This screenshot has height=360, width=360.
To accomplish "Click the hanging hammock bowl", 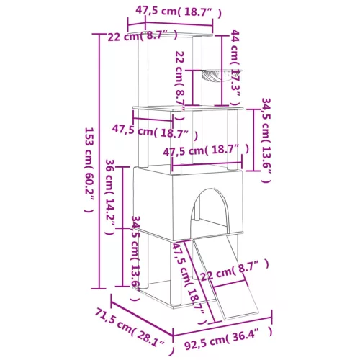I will tap(217, 73).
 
